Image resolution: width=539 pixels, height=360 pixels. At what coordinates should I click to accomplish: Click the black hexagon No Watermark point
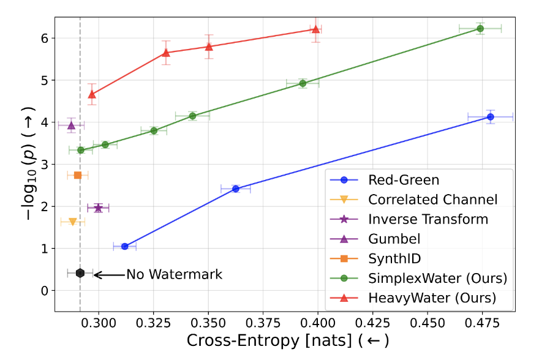pos(80,273)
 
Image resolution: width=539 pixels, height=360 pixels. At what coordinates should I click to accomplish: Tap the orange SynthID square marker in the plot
pos(78,175)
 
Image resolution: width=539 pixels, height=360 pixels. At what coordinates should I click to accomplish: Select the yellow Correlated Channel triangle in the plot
pos(73,222)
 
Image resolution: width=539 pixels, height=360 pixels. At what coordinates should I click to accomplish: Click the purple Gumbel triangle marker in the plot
pos(71,125)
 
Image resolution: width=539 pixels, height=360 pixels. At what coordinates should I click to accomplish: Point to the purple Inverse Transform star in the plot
pos(98,208)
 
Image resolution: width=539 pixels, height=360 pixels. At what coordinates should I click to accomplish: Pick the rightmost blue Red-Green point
pos(490,117)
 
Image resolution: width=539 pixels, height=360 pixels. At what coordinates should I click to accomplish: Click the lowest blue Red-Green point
pos(125,247)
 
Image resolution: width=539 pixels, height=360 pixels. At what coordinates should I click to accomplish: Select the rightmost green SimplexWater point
pos(480,29)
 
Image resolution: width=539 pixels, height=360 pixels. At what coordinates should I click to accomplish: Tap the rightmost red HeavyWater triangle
pos(315,29)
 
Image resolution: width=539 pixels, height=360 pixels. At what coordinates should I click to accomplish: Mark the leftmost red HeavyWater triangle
pos(92,94)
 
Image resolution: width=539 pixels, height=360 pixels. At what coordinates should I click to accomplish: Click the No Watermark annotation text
pos(174,275)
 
